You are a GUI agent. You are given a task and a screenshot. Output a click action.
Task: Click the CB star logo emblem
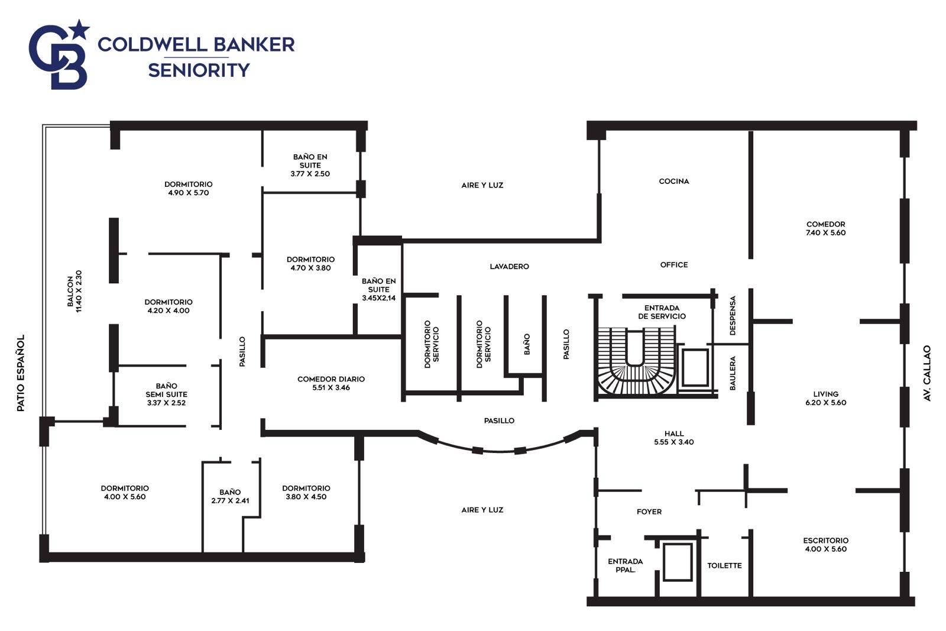[59, 55]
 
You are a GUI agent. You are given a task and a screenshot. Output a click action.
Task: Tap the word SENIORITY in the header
[199, 70]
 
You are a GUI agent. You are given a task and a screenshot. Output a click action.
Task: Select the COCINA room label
[674, 181]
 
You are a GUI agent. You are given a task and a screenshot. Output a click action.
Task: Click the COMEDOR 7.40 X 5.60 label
[825, 228]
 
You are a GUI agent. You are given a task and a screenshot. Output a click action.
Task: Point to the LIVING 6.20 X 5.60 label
[825, 398]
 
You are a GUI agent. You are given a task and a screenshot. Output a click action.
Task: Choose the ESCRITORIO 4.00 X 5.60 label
[825, 545]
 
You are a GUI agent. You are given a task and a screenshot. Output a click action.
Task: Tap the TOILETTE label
[724, 565]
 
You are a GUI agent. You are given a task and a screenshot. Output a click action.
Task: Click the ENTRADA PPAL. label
[626, 565]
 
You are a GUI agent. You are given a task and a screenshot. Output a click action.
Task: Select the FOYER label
[649, 512]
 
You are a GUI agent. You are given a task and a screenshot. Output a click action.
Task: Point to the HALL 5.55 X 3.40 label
[674, 438]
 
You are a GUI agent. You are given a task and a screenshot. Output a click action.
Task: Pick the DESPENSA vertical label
[733, 316]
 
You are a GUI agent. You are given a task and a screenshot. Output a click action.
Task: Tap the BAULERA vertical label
[733, 373]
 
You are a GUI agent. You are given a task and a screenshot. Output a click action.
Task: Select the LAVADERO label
[509, 267]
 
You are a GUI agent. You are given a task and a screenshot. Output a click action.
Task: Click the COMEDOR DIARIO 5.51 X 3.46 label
[331, 383]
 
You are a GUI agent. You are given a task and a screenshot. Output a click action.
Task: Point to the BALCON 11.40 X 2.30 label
[74, 292]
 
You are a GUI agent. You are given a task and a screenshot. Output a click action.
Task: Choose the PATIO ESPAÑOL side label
[21, 373]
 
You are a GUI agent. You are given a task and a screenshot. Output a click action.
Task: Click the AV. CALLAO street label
[927, 373]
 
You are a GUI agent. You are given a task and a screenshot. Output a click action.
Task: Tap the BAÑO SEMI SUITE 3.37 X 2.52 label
[166, 394]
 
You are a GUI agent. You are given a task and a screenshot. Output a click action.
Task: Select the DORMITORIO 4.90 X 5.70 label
[189, 189]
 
